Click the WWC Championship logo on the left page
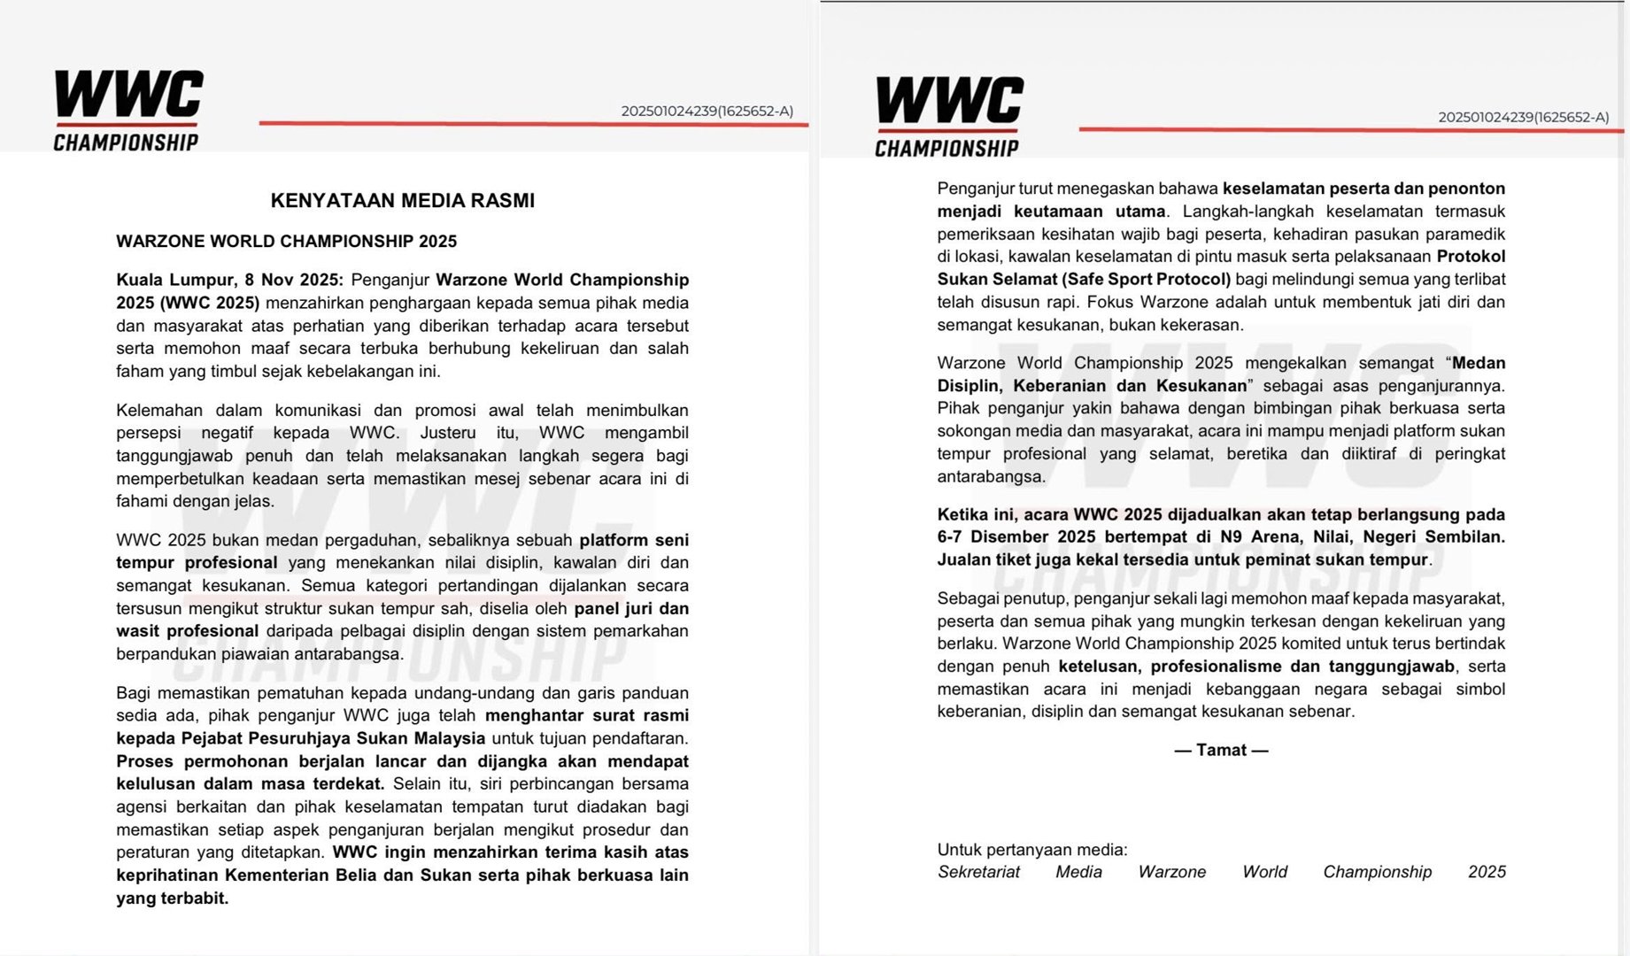(127, 110)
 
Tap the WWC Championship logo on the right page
(948, 117)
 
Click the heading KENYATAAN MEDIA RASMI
(402, 201)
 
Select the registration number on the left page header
(707, 112)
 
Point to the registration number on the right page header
(1523, 117)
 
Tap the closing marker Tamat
(1221, 751)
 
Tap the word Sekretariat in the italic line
(978, 872)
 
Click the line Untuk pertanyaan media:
(1031, 850)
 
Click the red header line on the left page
(531, 123)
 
